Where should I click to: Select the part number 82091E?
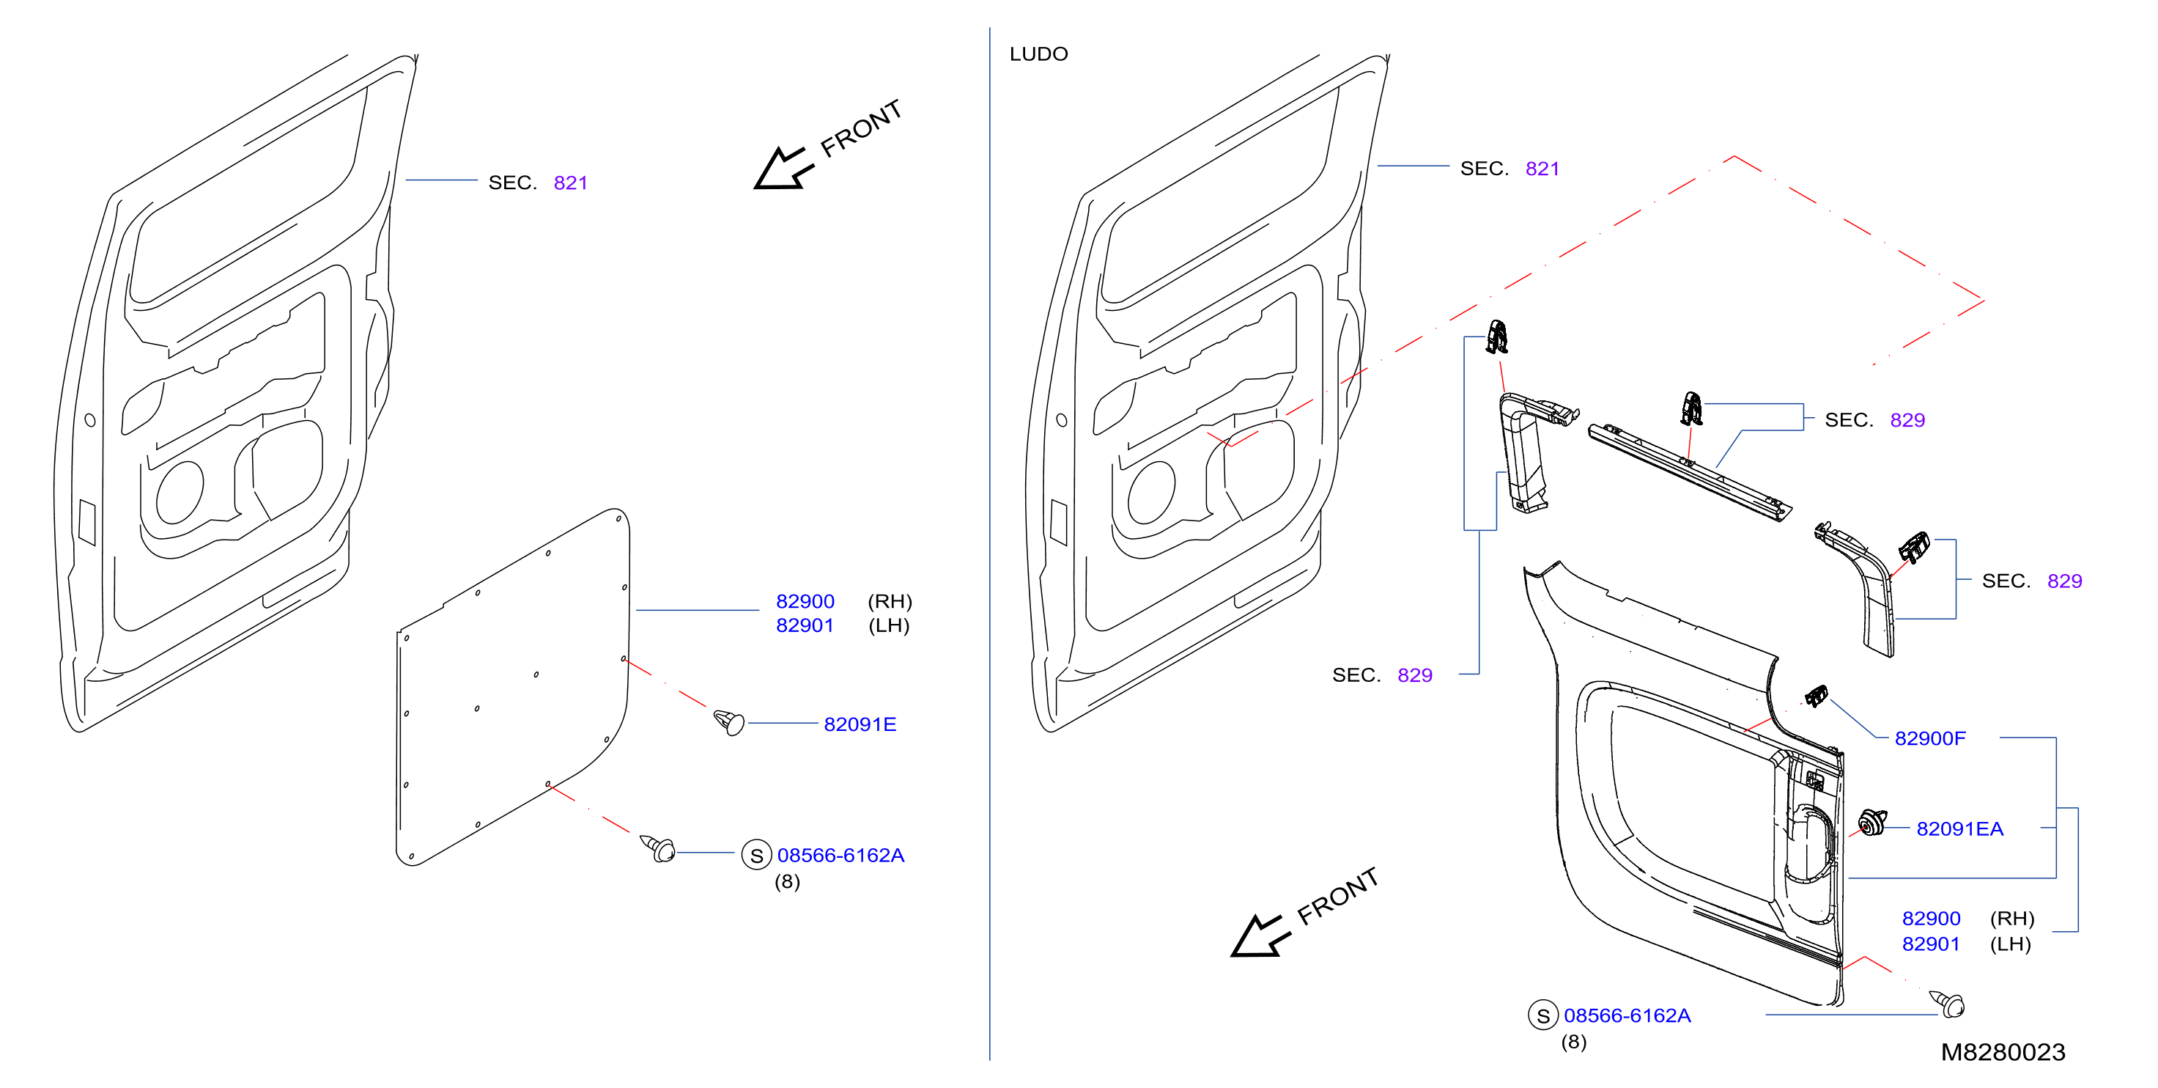tap(860, 724)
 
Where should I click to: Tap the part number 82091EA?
tap(1959, 829)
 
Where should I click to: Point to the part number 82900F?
tap(1930, 738)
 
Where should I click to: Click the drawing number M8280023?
tap(2003, 1052)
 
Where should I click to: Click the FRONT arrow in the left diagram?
tap(783, 169)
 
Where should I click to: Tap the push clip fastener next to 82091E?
tap(729, 721)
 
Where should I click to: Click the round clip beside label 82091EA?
tap(1871, 823)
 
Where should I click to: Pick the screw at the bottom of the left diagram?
tap(659, 848)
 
